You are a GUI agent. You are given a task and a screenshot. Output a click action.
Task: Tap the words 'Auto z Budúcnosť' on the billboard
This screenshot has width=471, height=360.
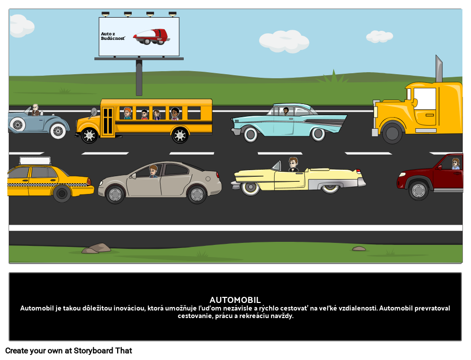[113, 36]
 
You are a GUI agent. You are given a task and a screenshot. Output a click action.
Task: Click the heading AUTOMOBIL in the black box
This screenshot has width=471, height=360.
[235, 300]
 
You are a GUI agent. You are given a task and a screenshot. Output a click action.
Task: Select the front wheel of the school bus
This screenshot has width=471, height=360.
[89, 135]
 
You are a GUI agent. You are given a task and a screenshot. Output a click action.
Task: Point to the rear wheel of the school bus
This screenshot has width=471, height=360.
[180, 135]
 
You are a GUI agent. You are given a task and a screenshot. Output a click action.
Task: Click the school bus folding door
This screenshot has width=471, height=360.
[108, 121]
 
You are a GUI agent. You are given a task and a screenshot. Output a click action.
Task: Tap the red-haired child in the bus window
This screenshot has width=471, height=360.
[128, 114]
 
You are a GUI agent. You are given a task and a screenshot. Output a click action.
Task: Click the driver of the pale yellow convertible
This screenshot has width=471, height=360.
[293, 165]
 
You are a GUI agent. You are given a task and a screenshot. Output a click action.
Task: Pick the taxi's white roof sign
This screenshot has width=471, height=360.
[35, 161]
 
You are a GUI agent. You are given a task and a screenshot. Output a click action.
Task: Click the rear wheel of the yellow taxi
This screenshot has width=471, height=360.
[62, 193]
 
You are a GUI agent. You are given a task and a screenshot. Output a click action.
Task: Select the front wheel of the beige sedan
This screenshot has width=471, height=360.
[115, 194]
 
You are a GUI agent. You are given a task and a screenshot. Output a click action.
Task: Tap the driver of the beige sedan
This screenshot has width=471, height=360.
[153, 171]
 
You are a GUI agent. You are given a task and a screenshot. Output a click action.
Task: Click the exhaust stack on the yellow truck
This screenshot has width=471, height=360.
[439, 69]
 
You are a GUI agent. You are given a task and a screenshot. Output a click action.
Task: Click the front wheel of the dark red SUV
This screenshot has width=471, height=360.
[418, 190]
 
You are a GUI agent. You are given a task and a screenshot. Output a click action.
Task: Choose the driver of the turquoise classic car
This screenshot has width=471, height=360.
[286, 111]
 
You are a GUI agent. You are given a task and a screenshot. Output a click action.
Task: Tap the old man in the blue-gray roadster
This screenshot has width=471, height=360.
[35, 110]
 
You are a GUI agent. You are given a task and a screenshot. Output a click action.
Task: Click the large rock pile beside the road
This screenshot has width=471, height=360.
[96, 248]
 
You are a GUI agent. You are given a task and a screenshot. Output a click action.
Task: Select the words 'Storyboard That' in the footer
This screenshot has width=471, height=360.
[102, 351]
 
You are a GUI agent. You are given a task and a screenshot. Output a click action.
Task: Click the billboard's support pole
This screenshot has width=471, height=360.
[139, 78]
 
